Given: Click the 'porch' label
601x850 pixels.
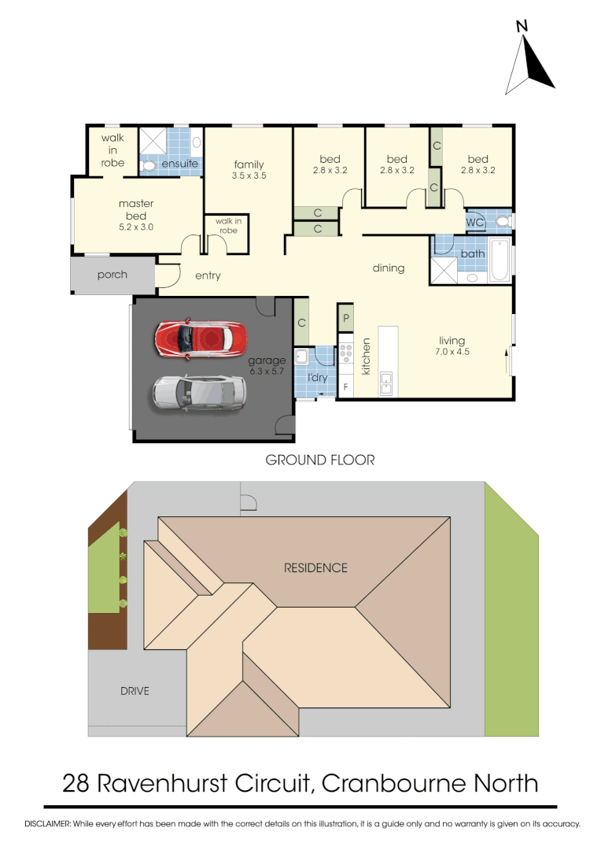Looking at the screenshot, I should [x=112, y=275].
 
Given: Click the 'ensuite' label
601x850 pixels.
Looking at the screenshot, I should [x=179, y=164].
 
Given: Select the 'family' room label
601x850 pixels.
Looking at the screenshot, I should [x=249, y=164].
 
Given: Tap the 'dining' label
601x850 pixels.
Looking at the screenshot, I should [x=388, y=268].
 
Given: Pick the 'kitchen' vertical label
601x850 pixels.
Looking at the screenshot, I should [x=366, y=356].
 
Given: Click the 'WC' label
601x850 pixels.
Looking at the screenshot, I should [x=474, y=223].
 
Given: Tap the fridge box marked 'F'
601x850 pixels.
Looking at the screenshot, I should [x=345, y=388].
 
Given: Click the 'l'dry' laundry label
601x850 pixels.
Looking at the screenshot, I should [x=317, y=378].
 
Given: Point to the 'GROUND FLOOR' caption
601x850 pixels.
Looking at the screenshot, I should [x=320, y=460].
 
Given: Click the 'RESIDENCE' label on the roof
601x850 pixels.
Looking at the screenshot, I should [x=315, y=567].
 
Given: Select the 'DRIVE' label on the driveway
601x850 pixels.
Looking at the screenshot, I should [x=134, y=692].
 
